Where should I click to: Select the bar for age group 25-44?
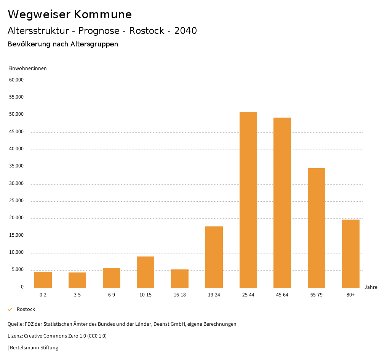point(248,200)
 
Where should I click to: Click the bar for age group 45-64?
point(282,202)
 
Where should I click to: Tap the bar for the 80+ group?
point(350,253)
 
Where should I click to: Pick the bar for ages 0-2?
point(43,280)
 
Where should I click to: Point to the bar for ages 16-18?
point(180,279)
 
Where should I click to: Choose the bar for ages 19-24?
point(214,257)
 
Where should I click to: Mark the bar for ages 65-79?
point(316,228)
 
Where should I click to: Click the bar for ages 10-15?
point(145,272)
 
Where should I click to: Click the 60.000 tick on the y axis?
point(17,80)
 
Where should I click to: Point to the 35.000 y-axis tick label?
point(17,166)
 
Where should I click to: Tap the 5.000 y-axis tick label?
point(18,270)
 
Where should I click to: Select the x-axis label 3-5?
point(77,295)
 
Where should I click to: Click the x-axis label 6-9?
point(112,295)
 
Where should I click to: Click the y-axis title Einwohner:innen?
point(27,68)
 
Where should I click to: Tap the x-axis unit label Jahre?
point(371,287)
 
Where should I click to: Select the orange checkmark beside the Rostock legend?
point(10,309)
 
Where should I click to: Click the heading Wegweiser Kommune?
point(70,14)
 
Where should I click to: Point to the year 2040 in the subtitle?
point(185,31)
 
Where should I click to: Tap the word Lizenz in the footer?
point(15,336)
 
